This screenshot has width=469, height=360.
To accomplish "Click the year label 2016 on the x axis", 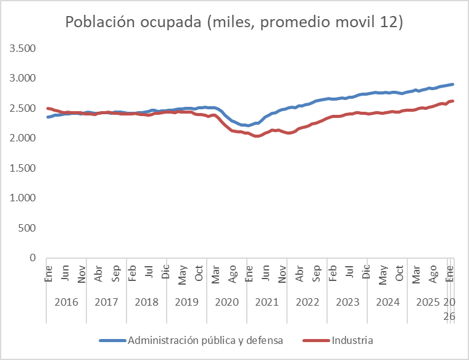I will point(66,303).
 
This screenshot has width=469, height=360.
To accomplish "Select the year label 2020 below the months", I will point(226,303).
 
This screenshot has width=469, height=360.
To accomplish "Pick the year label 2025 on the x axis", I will point(427,303).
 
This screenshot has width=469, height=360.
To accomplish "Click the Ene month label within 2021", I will point(249,272).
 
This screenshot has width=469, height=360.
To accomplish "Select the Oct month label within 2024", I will point(399,272).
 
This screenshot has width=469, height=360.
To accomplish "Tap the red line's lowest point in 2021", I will point(256,136).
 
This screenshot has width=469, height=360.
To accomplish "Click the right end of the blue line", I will point(454,84).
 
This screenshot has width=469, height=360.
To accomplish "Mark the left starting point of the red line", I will point(48,108).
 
